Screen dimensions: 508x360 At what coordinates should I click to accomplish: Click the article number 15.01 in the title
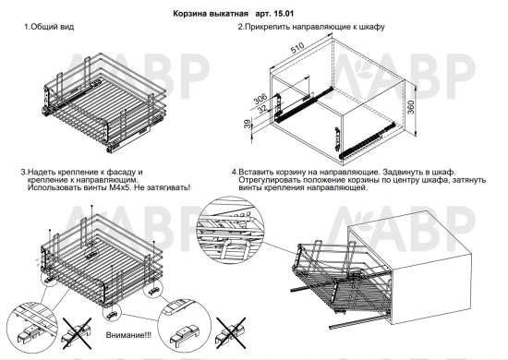pyautogui.click(x=284, y=14)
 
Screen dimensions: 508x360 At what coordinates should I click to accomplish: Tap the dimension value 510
pyautogui.click(x=296, y=48)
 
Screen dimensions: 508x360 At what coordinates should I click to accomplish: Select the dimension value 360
pyautogui.click(x=410, y=107)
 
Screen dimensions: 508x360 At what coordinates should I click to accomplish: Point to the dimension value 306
pyautogui.click(x=260, y=99)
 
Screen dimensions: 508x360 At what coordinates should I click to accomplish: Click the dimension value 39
pyautogui.click(x=248, y=124)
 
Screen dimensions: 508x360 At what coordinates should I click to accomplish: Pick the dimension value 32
pyautogui.click(x=262, y=108)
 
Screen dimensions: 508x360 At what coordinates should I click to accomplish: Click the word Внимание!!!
pyautogui.click(x=128, y=335)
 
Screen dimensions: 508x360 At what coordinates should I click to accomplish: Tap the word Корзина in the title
pyautogui.click(x=187, y=14)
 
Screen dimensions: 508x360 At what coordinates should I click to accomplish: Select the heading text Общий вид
pyautogui.click(x=52, y=27)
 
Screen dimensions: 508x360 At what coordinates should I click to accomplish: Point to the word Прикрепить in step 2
pyautogui.click(x=267, y=27)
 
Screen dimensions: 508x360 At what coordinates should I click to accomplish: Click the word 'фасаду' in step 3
pyautogui.click(x=120, y=172)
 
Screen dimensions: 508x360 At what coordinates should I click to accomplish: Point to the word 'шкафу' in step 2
pyautogui.click(x=374, y=27)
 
